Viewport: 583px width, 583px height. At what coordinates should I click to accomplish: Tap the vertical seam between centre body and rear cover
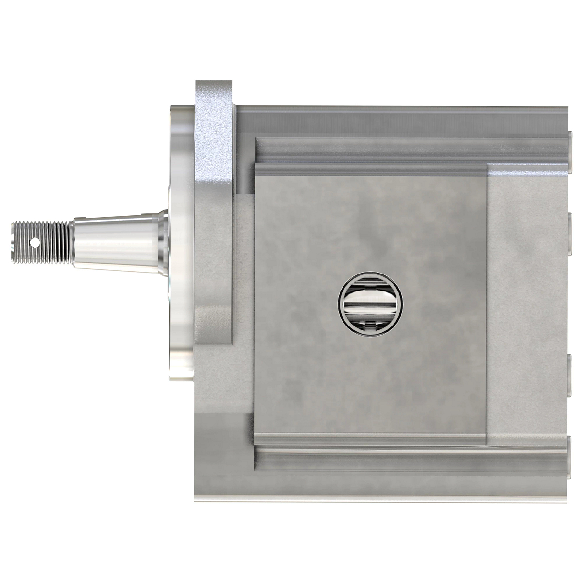(487, 301)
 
